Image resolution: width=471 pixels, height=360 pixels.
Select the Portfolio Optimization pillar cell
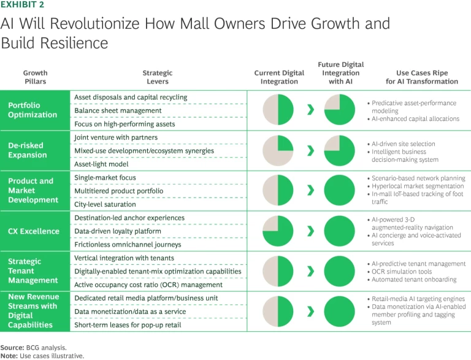click(x=36, y=110)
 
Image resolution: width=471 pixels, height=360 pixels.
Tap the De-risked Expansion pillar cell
click(x=36, y=151)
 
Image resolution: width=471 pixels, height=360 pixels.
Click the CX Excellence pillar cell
click(x=36, y=231)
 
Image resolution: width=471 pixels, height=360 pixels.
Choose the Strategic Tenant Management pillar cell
click(x=36, y=271)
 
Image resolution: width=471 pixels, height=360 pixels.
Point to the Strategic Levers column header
click(x=155, y=77)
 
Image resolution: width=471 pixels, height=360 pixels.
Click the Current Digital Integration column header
click(x=279, y=77)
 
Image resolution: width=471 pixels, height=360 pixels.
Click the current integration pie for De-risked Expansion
click(x=278, y=151)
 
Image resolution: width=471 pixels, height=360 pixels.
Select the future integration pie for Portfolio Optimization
click(x=339, y=110)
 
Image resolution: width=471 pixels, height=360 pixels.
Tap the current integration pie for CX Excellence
click(x=278, y=231)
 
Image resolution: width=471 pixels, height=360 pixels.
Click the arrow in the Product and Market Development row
click(x=310, y=191)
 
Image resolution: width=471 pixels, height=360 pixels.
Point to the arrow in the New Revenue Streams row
click(x=310, y=312)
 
